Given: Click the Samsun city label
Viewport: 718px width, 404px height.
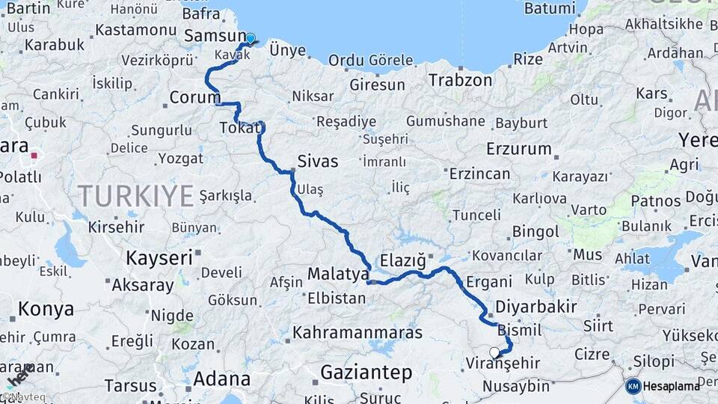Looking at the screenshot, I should coord(215,35).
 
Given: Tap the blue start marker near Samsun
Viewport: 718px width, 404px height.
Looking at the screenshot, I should coord(251,39).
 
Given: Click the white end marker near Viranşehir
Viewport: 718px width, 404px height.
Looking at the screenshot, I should coord(494,352).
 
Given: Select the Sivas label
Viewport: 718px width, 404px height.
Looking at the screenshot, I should coord(318,161).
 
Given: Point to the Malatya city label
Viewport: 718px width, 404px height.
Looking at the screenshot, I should coord(338,274).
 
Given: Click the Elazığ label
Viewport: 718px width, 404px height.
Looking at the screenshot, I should coord(403,260).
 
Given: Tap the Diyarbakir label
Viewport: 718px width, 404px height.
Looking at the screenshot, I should coord(536,306).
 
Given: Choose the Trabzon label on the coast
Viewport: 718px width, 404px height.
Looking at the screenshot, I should coord(460,80).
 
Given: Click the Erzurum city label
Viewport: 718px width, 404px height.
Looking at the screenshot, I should coord(518,148).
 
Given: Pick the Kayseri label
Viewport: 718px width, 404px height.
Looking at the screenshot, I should coord(159,257).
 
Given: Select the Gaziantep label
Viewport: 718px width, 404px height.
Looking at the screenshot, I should coord(366,372).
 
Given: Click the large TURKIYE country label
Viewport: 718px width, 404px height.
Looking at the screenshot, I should coord(136,196).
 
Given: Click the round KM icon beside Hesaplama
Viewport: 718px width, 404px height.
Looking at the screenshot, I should coord(633,386).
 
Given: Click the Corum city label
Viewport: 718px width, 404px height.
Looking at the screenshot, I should coord(195,97).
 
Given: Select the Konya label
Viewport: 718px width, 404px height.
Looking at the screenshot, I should coord(46,308).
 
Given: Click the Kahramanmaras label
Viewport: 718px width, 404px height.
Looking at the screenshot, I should coord(358,332).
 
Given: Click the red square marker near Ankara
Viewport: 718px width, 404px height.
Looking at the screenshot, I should coord(34,156).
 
